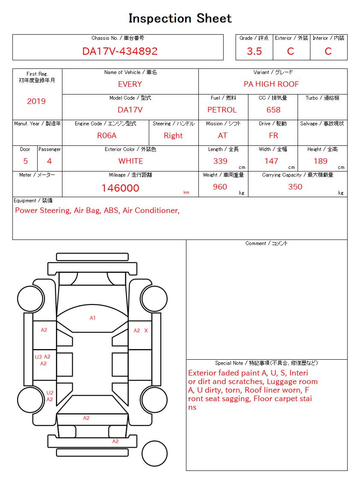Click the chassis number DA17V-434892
point(120,51)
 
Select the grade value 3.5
point(254,51)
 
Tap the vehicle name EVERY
point(130,84)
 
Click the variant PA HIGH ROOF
point(271,84)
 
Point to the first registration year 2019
point(36,101)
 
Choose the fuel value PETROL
point(222,110)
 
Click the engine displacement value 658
point(273,110)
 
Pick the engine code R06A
point(106,136)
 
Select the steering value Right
point(173,136)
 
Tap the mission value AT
point(222,136)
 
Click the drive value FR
point(273,136)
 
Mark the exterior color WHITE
point(130,161)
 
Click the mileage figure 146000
point(120,188)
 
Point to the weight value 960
point(220,187)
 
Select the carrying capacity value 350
point(295,187)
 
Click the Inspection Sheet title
point(180,19)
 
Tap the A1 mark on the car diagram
point(93,318)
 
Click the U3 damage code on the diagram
point(38,357)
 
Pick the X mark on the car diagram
point(146,331)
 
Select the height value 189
point(320,161)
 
